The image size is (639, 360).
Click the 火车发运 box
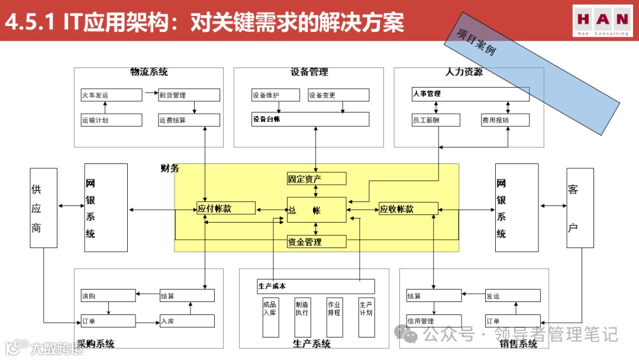(111, 95)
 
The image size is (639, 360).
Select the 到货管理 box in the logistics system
(189, 95)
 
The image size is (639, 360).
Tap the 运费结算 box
(189, 120)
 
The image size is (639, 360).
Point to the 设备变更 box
(338, 95)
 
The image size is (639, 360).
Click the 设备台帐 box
(310, 119)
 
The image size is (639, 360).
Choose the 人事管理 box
(470, 94)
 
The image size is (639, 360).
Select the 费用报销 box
(505, 120)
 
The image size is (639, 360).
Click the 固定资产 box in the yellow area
(317, 179)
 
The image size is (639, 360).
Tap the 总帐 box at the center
(317, 210)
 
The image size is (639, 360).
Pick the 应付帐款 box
(226, 208)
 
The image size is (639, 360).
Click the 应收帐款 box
(408, 208)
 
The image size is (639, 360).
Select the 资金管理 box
(317, 242)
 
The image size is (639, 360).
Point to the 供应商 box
(44, 208)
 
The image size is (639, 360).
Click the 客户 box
(580, 208)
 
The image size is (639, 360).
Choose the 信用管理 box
(434, 321)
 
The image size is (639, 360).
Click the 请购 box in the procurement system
(108, 295)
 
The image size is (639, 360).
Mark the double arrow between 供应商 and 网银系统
(71, 206)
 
